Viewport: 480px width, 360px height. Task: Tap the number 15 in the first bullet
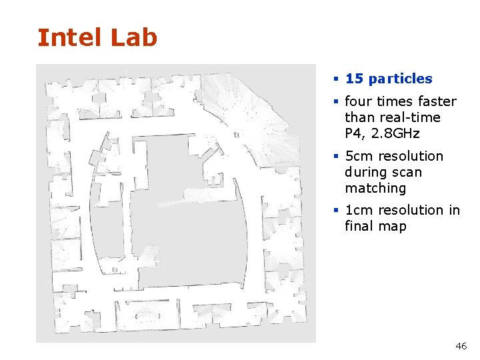click(x=353, y=79)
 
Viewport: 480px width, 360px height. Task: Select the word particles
click(x=399, y=79)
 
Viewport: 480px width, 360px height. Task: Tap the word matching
click(x=375, y=188)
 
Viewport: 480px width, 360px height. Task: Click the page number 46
click(x=461, y=346)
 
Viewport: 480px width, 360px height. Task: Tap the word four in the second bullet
click(x=359, y=101)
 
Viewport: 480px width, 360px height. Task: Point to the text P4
click(x=353, y=133)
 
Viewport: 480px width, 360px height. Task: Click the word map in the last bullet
click(x=392, y=226)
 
